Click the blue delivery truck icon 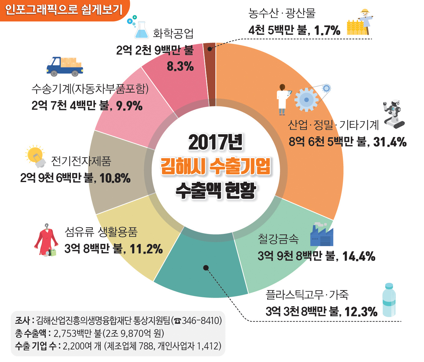pyautogui.click(x=65, y=67)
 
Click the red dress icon pyautogui.click(x=46, y=240)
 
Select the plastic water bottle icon pyautogui.click(x=389, y=300)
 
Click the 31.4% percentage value pyautogui.click(x=390, y=142)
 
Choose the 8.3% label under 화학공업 pyautogui.click(x=180, y=66)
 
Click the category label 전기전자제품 pyautogui.click(x=81, y=161)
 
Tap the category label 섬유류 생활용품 pyautogui.click(x=101, y=232)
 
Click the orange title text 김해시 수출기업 pyautogui.click(x=216, y=166)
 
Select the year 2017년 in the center pyautogui.click(x=216, y=143)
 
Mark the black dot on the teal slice pyautogui.click(x=206, y=268)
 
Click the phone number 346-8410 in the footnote pyautogui.click(x=201, y=321)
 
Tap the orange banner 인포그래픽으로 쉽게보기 pyautogui.click(x=64, y=10)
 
